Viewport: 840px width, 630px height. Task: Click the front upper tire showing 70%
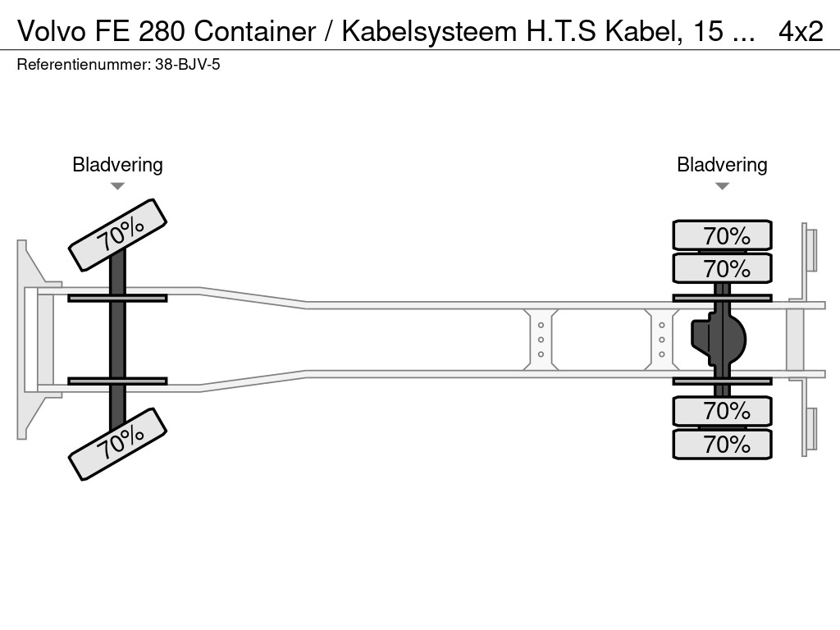[117, 235]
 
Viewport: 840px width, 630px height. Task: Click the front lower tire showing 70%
[117, 443]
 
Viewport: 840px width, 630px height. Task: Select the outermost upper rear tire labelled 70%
[722, 235]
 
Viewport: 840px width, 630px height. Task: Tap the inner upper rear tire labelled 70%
[722, 268]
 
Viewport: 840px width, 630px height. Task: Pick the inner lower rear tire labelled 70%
[722, 410]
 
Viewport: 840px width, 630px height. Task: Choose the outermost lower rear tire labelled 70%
[722, 444]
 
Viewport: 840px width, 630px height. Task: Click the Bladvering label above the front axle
[117, 164]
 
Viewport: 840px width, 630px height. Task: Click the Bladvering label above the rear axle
[722, 164]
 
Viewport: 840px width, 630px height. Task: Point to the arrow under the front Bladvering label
[117, 186]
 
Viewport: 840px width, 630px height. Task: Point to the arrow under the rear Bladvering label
[722, 186]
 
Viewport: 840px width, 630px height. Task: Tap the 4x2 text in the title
[801, 31]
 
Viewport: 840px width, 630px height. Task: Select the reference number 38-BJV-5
[187, 64]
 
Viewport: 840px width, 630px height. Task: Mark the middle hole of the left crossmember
[541, 340]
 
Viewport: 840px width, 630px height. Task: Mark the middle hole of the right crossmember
[661, 340]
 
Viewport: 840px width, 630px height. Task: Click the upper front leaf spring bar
[117, 298]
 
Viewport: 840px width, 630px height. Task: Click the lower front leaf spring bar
[117, 381]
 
